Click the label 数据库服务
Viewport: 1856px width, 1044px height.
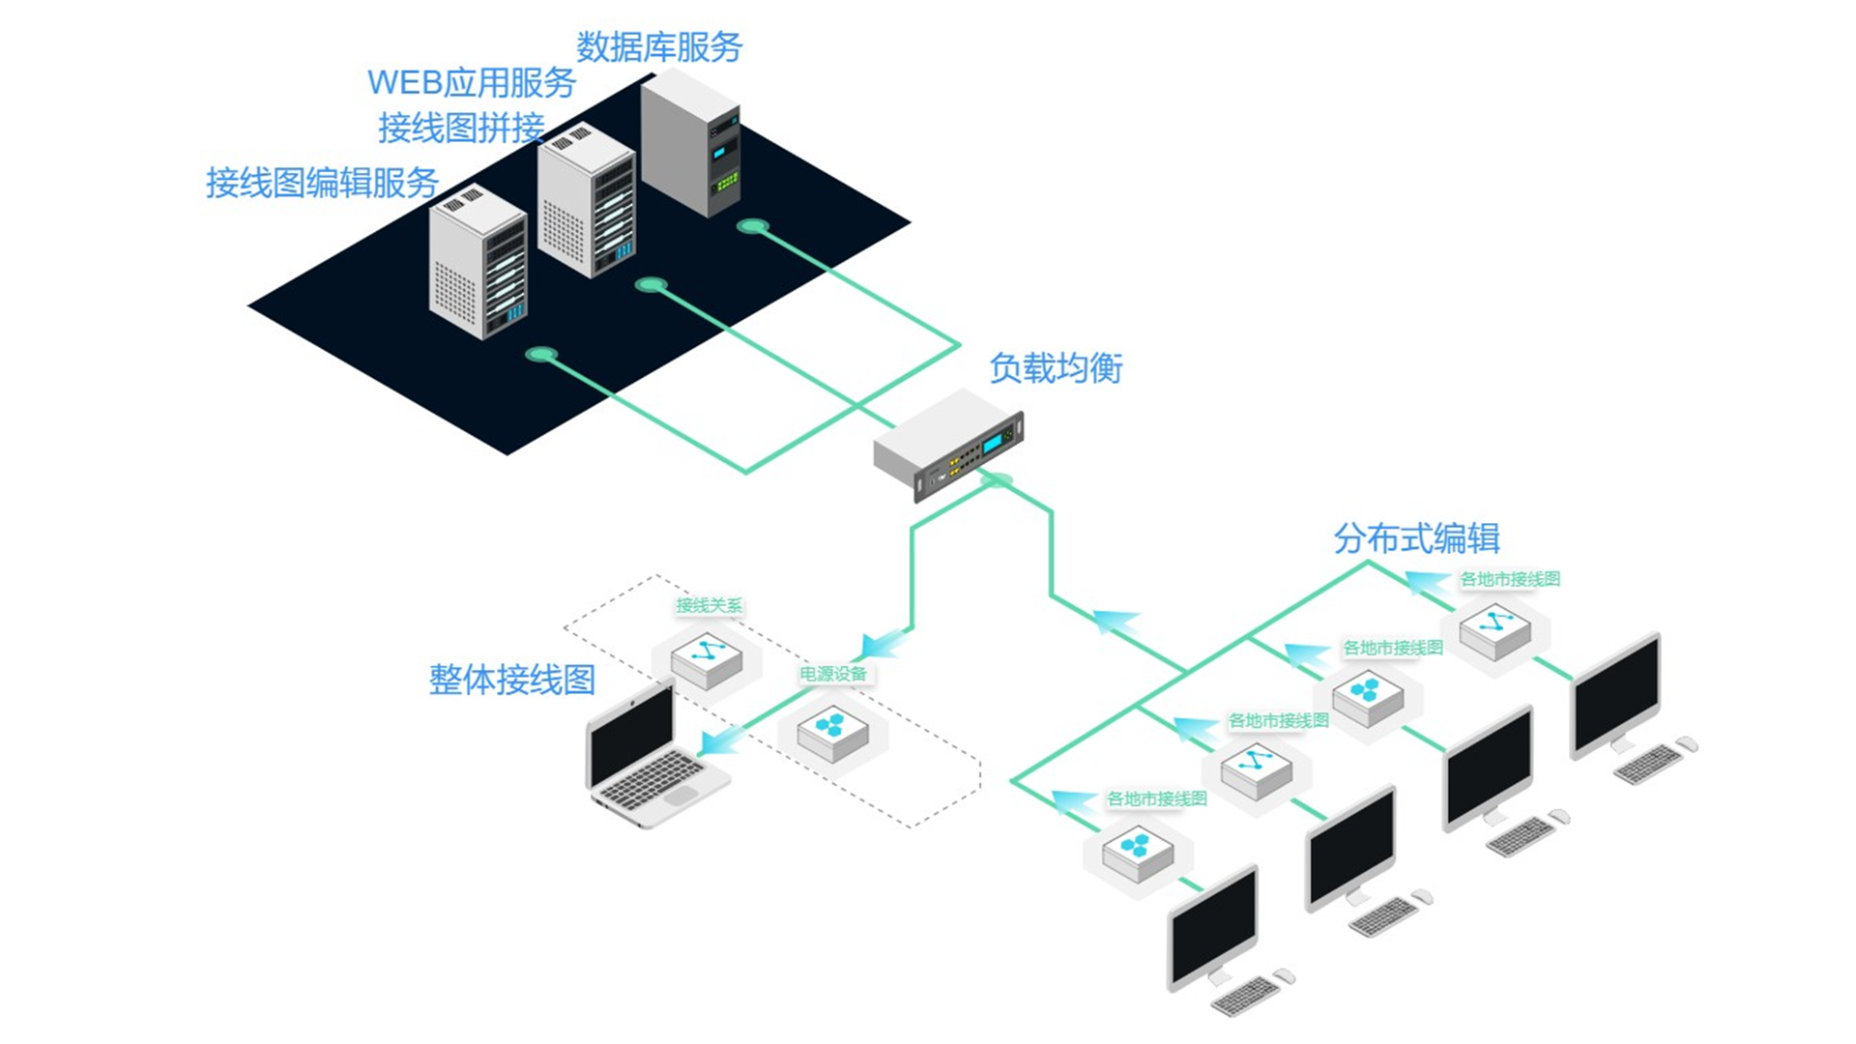click(659, 46)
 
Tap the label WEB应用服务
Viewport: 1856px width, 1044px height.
click(471, 82)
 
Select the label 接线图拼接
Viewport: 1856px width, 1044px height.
click(461, 128)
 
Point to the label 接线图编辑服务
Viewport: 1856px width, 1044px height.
click(322, 183)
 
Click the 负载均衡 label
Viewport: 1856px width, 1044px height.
click(1056, 368)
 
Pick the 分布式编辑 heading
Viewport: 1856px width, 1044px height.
click(1416, 538)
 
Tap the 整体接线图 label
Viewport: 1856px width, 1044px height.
click(511, 680)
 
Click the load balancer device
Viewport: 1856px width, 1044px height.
click(948, 444)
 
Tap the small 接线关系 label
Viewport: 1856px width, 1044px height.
click(709, 606)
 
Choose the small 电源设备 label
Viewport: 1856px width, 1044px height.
click(832, 674)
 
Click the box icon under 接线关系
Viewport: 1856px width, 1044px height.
click(707, 660)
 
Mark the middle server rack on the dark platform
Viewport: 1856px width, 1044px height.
click(586, 203)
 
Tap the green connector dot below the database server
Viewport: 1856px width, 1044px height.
click(753, 226)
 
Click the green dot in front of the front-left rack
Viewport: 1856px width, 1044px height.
click(541, 355)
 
